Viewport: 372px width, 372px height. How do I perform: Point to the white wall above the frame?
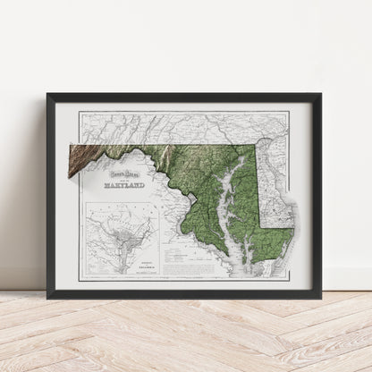(x=179, y=45)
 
